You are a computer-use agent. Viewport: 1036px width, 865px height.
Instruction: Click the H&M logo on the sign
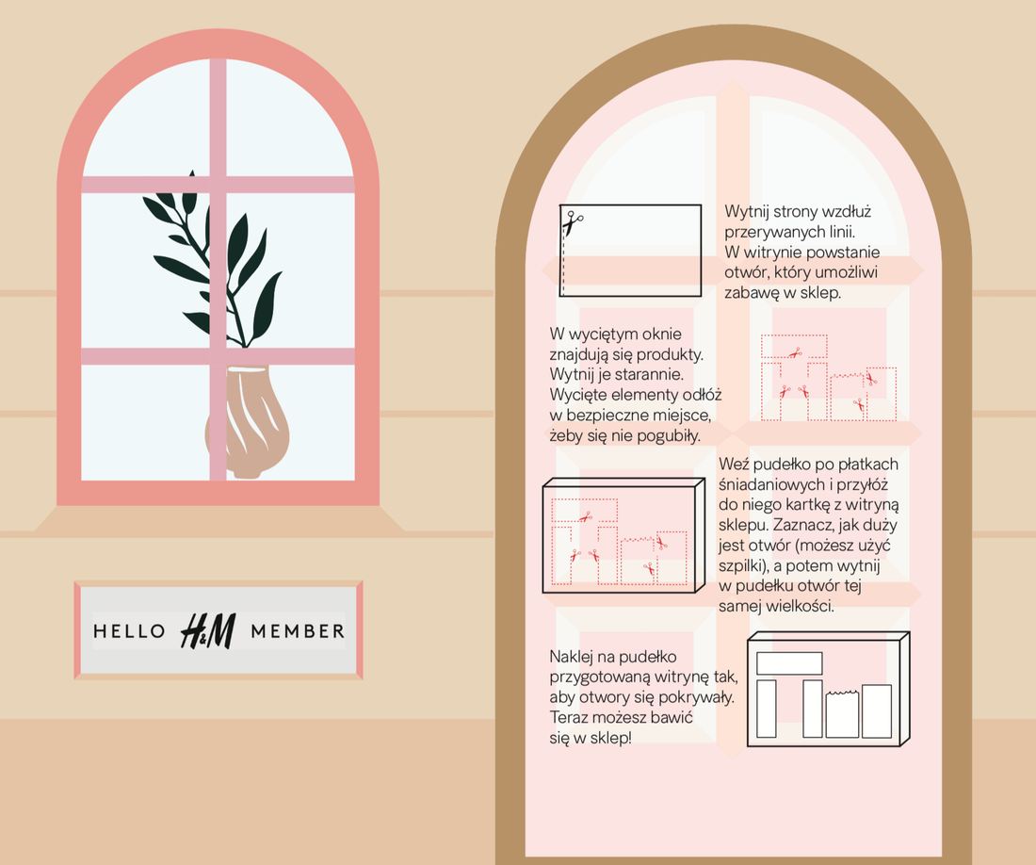[x=207, y=631]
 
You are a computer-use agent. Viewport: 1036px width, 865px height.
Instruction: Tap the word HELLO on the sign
[x=129, y=631]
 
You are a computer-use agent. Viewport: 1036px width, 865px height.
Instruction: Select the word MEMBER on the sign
[x=298, y=631]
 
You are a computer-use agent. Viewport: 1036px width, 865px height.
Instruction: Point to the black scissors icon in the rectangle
[x=573, y=222]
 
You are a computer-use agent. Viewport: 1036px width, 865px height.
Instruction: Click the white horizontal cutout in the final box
[x=789, y=663]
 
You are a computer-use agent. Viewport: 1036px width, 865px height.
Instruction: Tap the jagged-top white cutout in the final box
[x=842, y=714]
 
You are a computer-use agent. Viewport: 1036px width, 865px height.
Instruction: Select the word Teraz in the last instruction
[x=570, y=718]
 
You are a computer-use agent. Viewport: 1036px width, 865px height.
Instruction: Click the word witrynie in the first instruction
[x=770, y=253]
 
